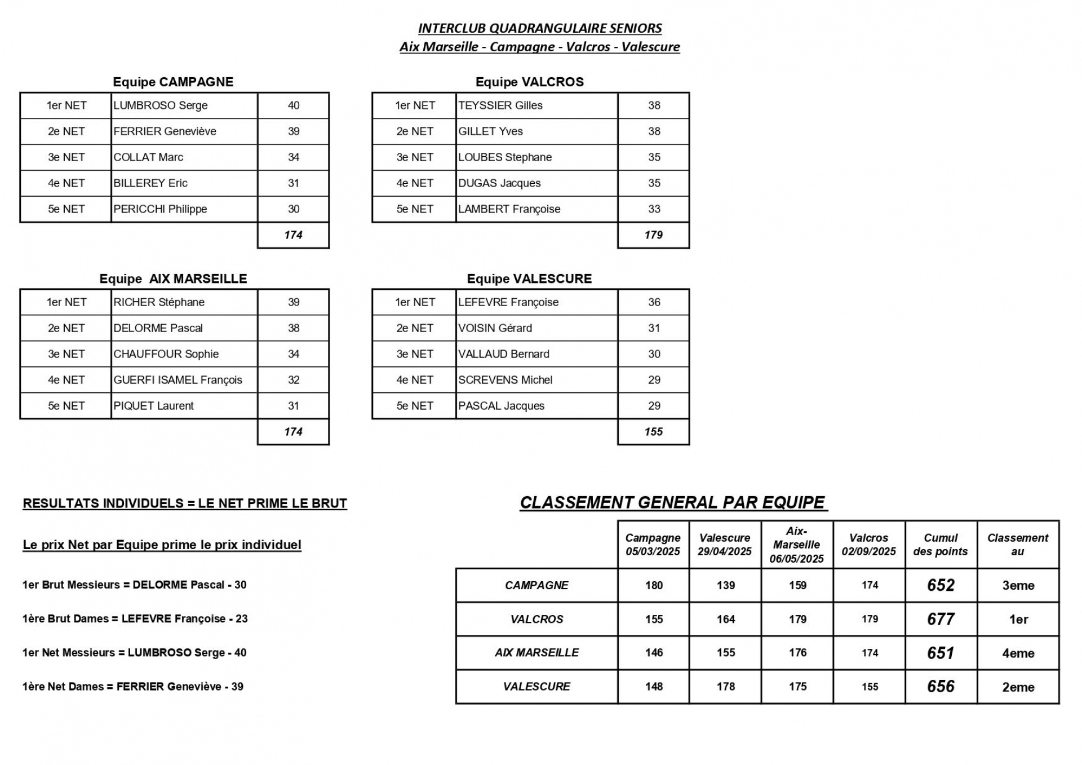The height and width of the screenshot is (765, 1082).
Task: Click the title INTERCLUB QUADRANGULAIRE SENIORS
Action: [x=539, y=28]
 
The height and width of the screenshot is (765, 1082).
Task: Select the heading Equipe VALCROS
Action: [x=529, y=82]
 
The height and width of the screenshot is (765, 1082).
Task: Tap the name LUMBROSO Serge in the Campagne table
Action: [x=161, y=105]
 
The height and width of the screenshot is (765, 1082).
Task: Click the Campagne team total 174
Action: [x=293, y=235]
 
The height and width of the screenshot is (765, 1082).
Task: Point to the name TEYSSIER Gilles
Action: [x=500, y=105]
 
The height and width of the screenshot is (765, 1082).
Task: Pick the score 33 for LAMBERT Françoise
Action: [x=654, y=209]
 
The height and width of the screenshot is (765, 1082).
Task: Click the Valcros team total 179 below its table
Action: [x=653, y=235]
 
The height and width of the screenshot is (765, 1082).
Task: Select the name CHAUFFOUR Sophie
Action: [x=166, y=354]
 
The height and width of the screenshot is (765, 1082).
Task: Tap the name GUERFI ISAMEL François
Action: [x=178, y=380]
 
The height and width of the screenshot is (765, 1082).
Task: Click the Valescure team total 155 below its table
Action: [x=653, y=432]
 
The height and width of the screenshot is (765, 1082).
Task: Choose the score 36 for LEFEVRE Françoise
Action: [x=654, y=302]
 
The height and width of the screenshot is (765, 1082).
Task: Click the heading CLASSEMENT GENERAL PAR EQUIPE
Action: [x=673, y=502]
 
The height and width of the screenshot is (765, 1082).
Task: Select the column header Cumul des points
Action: [x=941, y=545]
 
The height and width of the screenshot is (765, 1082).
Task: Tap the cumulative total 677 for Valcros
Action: [x=941, y=619]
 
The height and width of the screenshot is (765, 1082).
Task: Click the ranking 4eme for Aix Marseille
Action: [x=1018, y=653]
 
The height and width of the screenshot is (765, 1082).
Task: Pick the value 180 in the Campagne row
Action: [x=654, y=585]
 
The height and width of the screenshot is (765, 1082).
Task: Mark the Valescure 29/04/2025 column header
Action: [x=725, y=545]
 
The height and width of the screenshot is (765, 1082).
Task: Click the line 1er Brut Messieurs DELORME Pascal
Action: [x=134, y=585]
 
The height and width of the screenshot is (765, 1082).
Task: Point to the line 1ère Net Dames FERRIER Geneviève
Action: [x=133, y=687]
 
